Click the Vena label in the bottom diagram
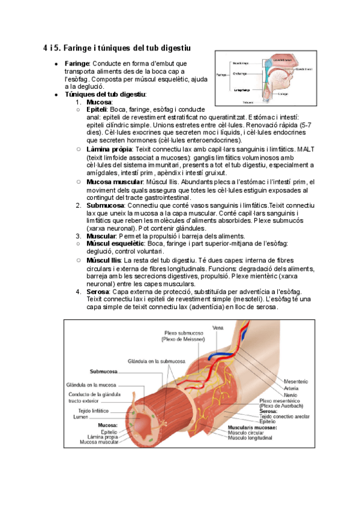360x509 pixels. tap(218, 328)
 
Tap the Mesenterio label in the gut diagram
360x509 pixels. tap(296, 381)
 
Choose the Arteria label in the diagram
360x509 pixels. tap(292, 388)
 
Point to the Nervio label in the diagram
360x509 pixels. tap(291, 395)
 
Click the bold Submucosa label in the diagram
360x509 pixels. tap(103, 370)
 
